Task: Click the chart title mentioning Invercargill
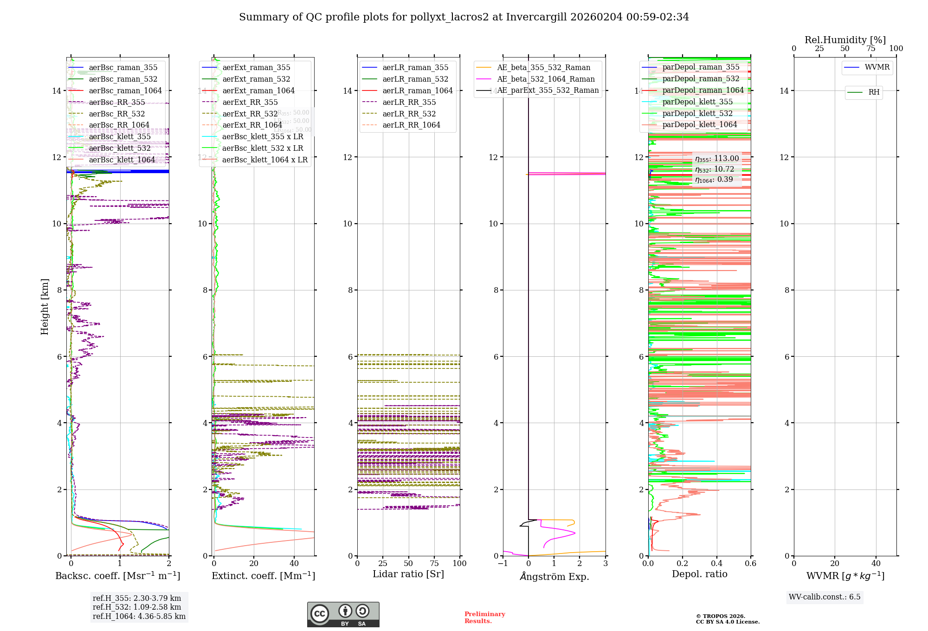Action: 464,17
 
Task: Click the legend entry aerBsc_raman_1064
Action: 125,91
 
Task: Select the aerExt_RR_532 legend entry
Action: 250,114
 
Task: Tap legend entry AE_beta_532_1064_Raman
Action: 546,79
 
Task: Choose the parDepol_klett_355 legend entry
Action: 697,102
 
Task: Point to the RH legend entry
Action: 874,92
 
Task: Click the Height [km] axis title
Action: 45,306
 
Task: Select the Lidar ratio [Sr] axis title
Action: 408,574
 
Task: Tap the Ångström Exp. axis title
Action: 554,577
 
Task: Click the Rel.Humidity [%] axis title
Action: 845,40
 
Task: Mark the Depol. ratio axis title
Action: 700,574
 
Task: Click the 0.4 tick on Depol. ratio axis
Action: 717,564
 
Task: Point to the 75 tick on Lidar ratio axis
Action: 434,564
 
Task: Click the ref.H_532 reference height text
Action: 137,607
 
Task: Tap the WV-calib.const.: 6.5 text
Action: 825,597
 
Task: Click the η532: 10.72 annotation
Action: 715,169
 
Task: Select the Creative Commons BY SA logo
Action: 343,614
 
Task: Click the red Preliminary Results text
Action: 484,618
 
